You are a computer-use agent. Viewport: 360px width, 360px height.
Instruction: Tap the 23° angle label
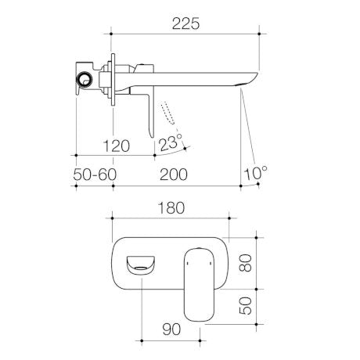(x=171, y=142)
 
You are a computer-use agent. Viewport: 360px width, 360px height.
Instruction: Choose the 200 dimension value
(x=173, y=175)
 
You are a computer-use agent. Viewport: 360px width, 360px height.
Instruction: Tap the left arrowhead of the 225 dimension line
(x=113, y=34)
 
